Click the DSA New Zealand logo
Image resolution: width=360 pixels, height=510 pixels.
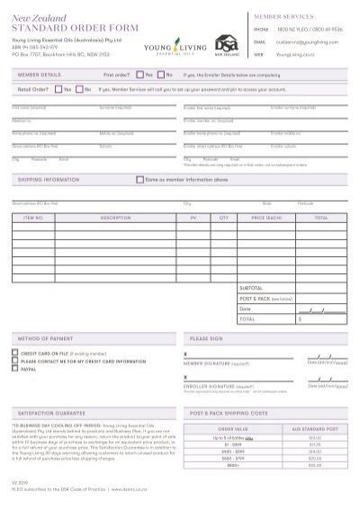click(x=225, y=43)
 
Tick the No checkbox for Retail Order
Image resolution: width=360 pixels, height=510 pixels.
click(x=79, y=90)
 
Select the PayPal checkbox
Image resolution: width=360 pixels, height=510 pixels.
click(x=14, y=368)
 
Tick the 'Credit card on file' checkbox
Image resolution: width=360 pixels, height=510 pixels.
click(x=14, y=353)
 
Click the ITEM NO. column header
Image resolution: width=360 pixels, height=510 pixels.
click(x=33, y=217)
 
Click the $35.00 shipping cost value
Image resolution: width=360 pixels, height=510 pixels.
click(x=314, y=465)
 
